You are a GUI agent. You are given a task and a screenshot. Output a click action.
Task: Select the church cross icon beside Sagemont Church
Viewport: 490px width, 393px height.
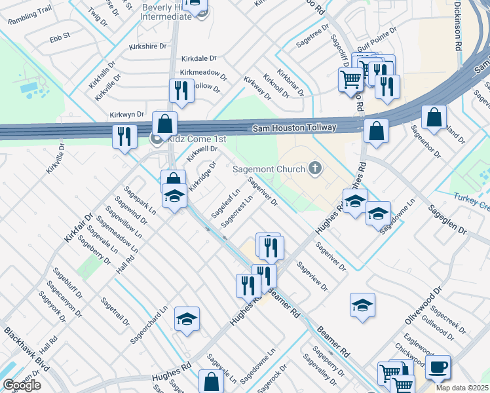(315, 169)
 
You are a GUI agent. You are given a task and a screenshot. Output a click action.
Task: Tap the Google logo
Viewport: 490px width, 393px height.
(22, 385)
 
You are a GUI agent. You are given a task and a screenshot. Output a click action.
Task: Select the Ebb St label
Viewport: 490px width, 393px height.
(60, 39)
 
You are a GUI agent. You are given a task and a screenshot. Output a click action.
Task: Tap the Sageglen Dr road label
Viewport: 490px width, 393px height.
(447, 221)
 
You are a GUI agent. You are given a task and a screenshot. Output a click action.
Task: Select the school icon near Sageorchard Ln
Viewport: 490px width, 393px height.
(187, 319)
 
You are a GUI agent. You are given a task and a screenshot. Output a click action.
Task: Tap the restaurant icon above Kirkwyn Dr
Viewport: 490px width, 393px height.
(181, 90)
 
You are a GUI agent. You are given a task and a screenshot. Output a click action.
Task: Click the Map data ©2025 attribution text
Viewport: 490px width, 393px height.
(462, 388)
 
